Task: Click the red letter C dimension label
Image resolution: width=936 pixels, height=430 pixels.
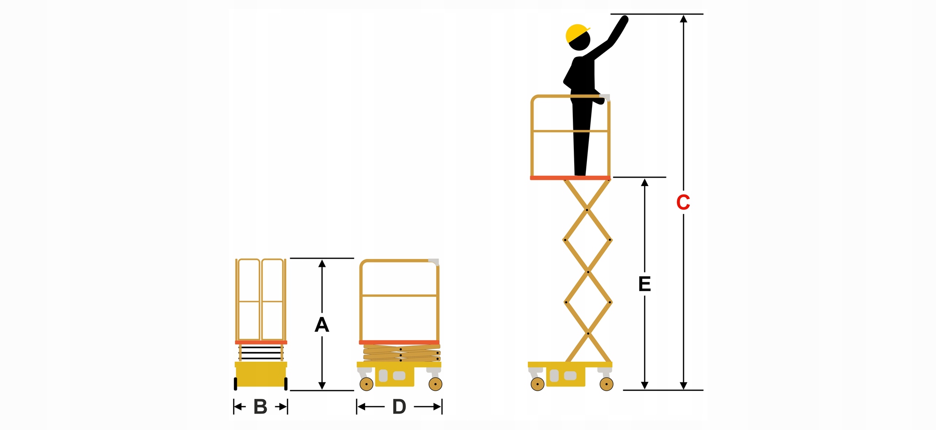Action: (683, 202)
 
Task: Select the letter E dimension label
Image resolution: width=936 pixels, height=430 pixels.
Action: (644, 284)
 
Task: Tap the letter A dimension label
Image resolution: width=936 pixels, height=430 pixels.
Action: (322, 324)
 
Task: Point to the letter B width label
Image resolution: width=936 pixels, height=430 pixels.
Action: (260, 407)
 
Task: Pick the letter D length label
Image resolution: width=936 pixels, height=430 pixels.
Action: (399, 407)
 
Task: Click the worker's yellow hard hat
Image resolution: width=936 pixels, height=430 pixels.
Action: (578, 33)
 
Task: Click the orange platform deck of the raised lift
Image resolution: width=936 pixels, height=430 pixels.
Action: (570, 178)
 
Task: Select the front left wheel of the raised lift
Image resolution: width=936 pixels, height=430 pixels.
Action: (537, 384)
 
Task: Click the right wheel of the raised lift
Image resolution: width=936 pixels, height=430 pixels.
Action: (607, 384)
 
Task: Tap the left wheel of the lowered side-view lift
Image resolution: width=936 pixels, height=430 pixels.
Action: (366, 384)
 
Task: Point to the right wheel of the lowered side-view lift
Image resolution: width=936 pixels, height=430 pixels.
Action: (435, 384)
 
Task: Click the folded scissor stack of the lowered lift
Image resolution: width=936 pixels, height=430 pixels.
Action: (402, 353)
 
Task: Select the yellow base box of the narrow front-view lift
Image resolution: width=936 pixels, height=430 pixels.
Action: (261, 373)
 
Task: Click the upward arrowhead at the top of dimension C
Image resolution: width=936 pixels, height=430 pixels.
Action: (683, 19)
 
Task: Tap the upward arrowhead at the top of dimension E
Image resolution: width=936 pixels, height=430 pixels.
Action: (644, 182)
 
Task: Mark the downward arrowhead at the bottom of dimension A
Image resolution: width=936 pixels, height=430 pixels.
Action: (322, 386)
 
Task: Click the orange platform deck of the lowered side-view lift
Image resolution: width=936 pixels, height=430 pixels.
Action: (399, 342)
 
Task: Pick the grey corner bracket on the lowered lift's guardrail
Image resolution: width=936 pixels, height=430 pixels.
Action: (434, 262)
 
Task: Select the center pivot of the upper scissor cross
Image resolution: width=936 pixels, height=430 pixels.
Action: (586, 210)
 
